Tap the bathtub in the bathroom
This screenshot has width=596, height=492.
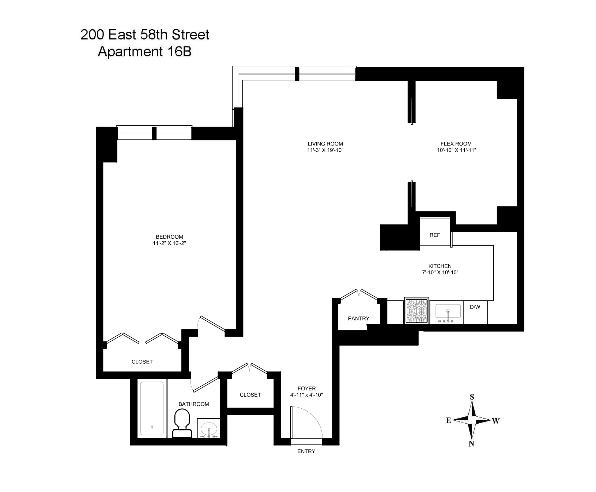152,408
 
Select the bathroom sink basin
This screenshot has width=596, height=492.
208,428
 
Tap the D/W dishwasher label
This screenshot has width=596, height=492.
475,307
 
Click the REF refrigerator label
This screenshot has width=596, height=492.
435,235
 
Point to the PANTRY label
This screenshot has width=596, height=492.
358,318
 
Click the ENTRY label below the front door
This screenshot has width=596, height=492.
306,451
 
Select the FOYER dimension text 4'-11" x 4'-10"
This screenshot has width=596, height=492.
306,395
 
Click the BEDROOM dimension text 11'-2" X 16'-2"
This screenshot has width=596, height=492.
170,243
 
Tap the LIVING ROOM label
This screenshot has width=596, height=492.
325,144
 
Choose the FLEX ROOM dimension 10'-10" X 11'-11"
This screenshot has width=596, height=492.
456,150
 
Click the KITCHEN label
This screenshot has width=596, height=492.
440,266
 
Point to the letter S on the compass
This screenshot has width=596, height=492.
472,397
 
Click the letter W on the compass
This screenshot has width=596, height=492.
495,421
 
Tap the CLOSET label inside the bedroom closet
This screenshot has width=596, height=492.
142,362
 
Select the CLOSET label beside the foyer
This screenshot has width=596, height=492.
250,395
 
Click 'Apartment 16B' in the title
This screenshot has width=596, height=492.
145,52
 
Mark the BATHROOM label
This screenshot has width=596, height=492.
193,404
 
